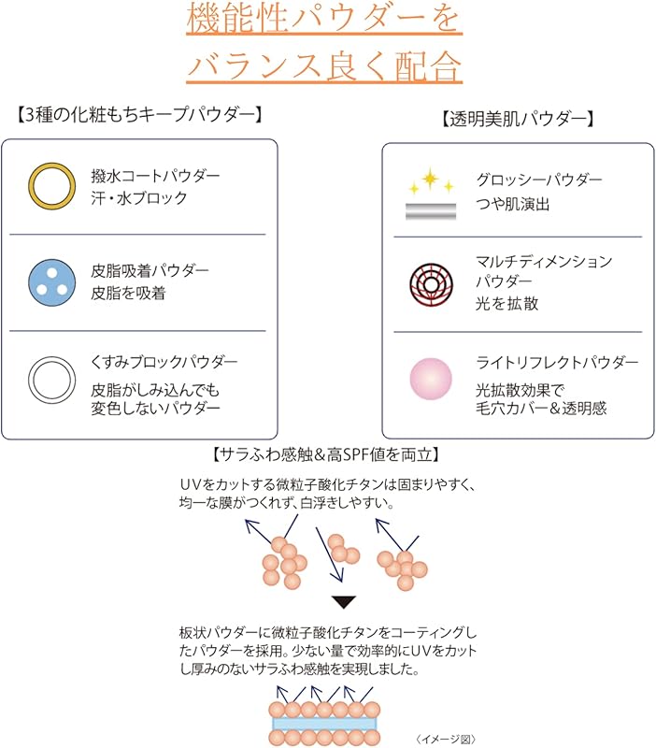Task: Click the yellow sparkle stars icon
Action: (x=430, y=180)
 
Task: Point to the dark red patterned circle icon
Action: (x=431, y=282)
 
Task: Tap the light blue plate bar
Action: (x=324, y=723)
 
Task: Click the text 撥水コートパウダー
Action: (x=155, y=176)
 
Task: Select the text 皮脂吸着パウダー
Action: (x=150, y=270)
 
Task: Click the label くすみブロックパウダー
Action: (x=164, y=362)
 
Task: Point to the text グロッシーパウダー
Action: (x=539, y=180)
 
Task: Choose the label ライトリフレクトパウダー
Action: (x=557, y=362)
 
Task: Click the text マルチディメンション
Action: (x=544, y=261)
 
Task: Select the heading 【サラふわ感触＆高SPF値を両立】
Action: (x=327, y=454)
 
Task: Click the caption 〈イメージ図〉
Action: (x=447, y=739)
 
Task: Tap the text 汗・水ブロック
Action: (x=139, y=198)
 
